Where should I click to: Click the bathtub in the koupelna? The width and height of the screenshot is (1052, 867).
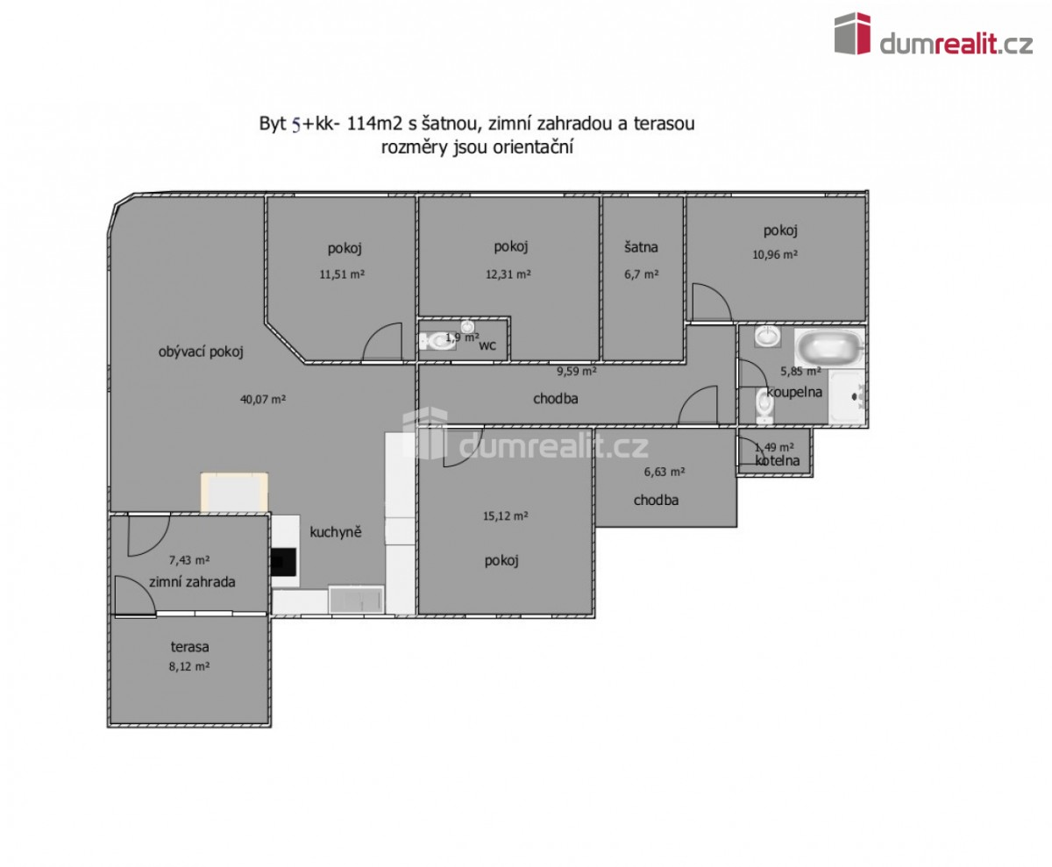point(829,347)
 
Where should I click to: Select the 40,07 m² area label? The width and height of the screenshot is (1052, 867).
point(263,400)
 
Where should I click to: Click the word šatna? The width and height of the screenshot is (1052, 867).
point(641,247)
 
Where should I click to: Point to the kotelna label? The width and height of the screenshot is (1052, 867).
point(778,460)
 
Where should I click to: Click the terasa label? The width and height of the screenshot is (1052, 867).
point(189,646)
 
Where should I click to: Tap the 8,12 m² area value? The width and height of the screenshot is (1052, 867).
point(189,666)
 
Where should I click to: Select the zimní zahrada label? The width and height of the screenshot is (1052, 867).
point(192,582)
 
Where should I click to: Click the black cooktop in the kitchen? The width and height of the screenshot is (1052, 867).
point(284,561)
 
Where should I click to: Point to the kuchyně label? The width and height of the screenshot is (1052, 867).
point(336,532)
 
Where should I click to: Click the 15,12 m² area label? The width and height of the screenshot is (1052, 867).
point(505,515)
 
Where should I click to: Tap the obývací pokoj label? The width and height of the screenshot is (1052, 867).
point(201,352)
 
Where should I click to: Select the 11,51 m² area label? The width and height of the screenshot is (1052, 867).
point(342,274)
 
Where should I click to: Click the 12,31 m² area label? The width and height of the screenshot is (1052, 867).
point(508,274)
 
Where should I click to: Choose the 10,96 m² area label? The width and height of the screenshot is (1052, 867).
point(775,255)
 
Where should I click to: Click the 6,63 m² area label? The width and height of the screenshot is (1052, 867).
point(665,472)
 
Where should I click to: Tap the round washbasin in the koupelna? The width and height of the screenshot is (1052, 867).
point(767,336)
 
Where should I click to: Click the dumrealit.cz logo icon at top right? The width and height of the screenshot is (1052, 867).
point(852,33)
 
